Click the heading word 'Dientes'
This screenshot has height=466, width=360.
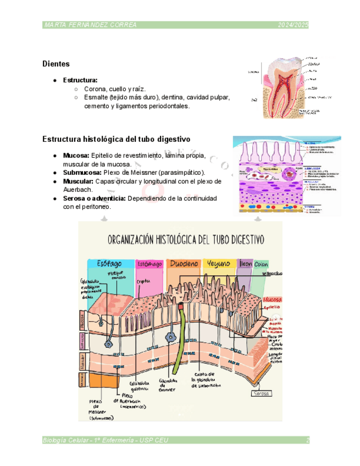[56, 64]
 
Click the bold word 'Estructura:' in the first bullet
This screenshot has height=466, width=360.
[80, 80]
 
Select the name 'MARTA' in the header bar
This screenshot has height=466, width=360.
[54, 25]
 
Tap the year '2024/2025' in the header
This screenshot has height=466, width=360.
[293, 25]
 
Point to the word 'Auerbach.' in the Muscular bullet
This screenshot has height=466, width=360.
[78, 189]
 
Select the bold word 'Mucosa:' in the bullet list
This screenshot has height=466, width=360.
[76, 156]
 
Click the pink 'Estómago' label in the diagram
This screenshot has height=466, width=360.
[149, 264]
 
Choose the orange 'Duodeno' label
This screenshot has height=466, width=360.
[184, 264]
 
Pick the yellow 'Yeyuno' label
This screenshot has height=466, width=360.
[219, 264]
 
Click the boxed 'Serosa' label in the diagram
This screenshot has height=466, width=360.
[262, 393]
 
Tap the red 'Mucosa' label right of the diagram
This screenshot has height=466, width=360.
[273, 299]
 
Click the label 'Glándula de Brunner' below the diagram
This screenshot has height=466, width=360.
[168, 385]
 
